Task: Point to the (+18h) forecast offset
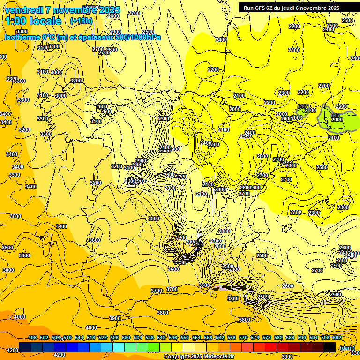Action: pos(81,21)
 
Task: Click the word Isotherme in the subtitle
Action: pos(23,37)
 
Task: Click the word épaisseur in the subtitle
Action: pos(101,37)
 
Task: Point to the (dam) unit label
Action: pos(347,348)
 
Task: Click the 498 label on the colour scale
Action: pos(32,337)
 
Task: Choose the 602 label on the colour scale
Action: pos(337,337)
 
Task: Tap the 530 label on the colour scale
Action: pos(126,337)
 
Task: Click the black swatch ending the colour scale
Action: pos(330,347)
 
